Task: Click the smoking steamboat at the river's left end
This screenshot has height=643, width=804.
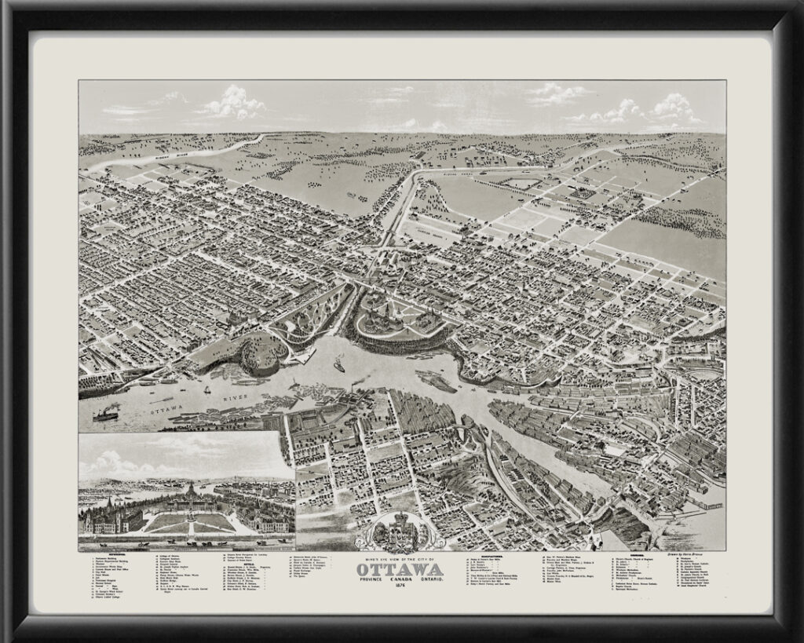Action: click(x=105, y=414)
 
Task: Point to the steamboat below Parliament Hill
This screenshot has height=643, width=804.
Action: click(x=339, y=365)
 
